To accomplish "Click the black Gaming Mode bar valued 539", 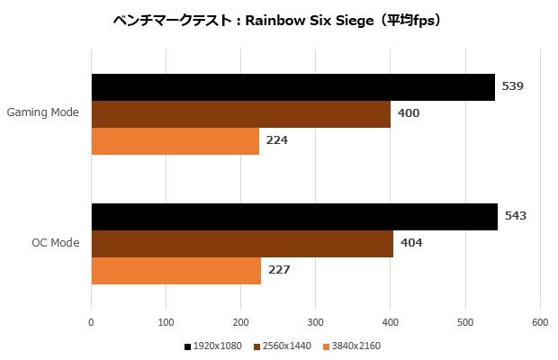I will (292, 87).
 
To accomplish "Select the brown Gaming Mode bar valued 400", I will (240, 114).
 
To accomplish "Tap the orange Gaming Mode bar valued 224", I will (175, 141).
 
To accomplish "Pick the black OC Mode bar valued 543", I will (294, 217).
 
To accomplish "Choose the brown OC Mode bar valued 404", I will (242, 244).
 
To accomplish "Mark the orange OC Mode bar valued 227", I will (175, 271).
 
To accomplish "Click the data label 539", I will (513, 87).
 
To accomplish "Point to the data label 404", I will (410, 244).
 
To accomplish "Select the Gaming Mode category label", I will (42, 113).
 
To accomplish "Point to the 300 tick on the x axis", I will (315, 321).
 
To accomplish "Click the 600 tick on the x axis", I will (539, 321).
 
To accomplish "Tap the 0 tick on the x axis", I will (91, 321).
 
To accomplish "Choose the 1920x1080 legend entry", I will (217, 346).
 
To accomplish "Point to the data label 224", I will (276, 141).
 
